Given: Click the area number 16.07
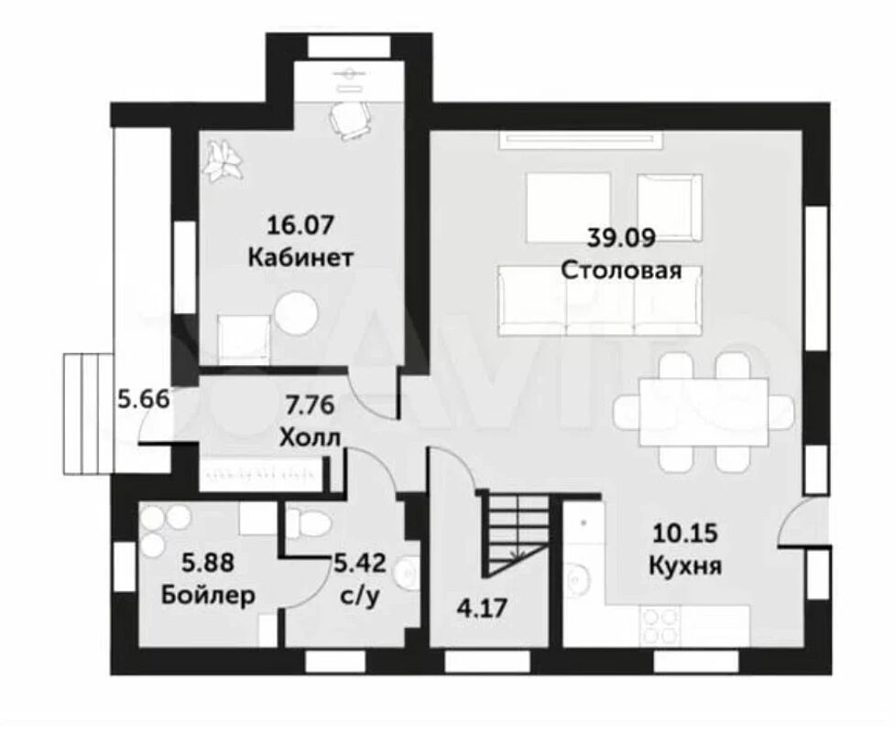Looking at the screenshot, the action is click(x=300, y=224).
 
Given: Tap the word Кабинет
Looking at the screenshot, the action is click(x=300, y=258).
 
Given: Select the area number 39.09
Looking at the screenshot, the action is click(x=622, y=238).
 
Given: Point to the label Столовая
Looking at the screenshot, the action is click(x=622, y=270).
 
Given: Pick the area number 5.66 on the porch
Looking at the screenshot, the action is click(x=144, y=399).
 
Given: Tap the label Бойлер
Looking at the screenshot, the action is click(x=208, y=596).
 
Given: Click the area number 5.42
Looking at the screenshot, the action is click(x=360, y=564).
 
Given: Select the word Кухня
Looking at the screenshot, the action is click(x=685, y=566).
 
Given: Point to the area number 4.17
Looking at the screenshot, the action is click(x=483, y=608).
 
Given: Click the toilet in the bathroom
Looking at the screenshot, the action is click(x=308, y=522).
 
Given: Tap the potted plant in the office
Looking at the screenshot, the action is click(x=224, y=161).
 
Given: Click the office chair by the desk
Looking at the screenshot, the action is click(x=348, y=120).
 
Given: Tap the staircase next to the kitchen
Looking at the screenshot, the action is click(x=517, y=534).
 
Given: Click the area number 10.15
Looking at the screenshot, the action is click(x=684, y=533).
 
